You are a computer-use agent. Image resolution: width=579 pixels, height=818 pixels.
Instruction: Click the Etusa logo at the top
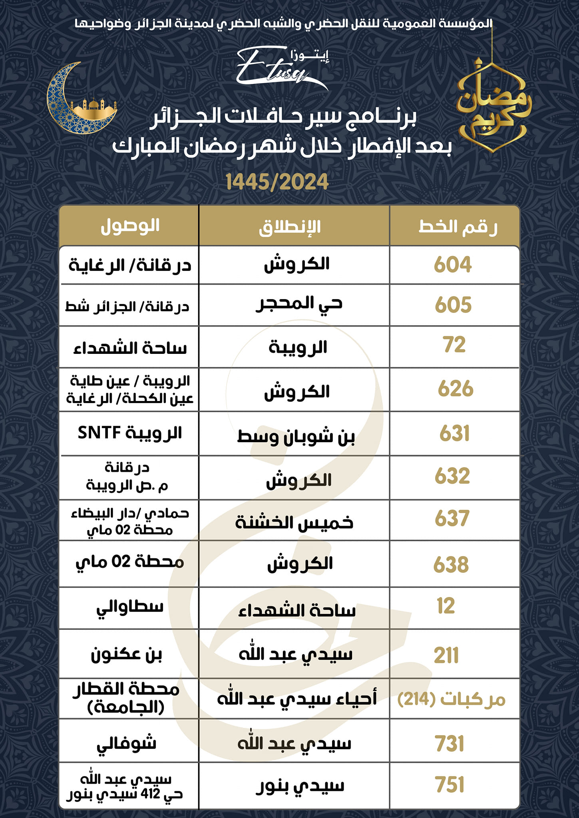[280, 68]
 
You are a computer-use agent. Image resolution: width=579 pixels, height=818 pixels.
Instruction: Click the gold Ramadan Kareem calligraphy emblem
[493, 106]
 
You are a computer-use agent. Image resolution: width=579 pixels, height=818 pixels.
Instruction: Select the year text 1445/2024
[277, 182]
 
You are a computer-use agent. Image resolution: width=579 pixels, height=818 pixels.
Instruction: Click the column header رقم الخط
[458, 226]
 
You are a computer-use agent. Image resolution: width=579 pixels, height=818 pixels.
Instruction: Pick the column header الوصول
[130, 226]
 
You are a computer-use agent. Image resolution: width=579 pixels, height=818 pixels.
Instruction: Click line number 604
[453, 265]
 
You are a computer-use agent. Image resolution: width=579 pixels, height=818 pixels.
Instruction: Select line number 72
[454, 345]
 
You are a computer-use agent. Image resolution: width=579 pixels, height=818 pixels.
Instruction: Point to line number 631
[454, 433]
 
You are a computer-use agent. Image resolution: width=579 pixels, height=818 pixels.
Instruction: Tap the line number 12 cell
[446, 606]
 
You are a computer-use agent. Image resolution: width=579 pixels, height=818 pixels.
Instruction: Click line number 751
[450, 784]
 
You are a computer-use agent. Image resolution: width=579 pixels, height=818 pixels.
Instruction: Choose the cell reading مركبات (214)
[452, 699]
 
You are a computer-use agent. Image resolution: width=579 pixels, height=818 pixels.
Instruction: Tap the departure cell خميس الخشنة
[294, 522]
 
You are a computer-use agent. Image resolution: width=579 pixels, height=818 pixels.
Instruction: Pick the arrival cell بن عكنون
[126, 655]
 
